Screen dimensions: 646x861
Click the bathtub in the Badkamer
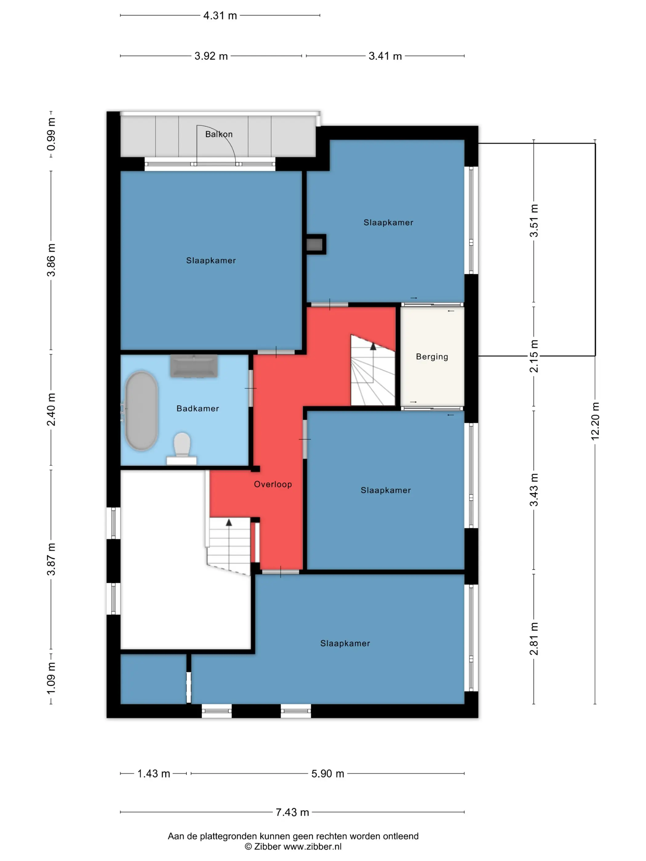click(141, 411)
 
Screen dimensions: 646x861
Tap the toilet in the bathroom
click(181, 448)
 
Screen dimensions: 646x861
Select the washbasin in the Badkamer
click(193, 366)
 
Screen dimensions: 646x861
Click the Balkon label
click(219, 134)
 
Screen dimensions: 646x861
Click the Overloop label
click(273, 484)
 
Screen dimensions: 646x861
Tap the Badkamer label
click(198, 408)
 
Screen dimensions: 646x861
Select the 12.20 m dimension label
click(595, 421)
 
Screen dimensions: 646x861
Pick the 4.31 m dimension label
click(220, 16)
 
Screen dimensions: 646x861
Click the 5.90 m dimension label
click(328, 773)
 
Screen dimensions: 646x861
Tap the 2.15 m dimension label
click(534, 356)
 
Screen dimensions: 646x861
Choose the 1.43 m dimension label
click(154, 773)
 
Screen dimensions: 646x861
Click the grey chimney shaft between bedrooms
click(314, 244)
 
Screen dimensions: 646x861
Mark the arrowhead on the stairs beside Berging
click(373, 346)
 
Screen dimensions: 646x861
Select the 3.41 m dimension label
click(385, 56)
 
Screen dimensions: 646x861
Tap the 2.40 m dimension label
click(51, 410)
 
